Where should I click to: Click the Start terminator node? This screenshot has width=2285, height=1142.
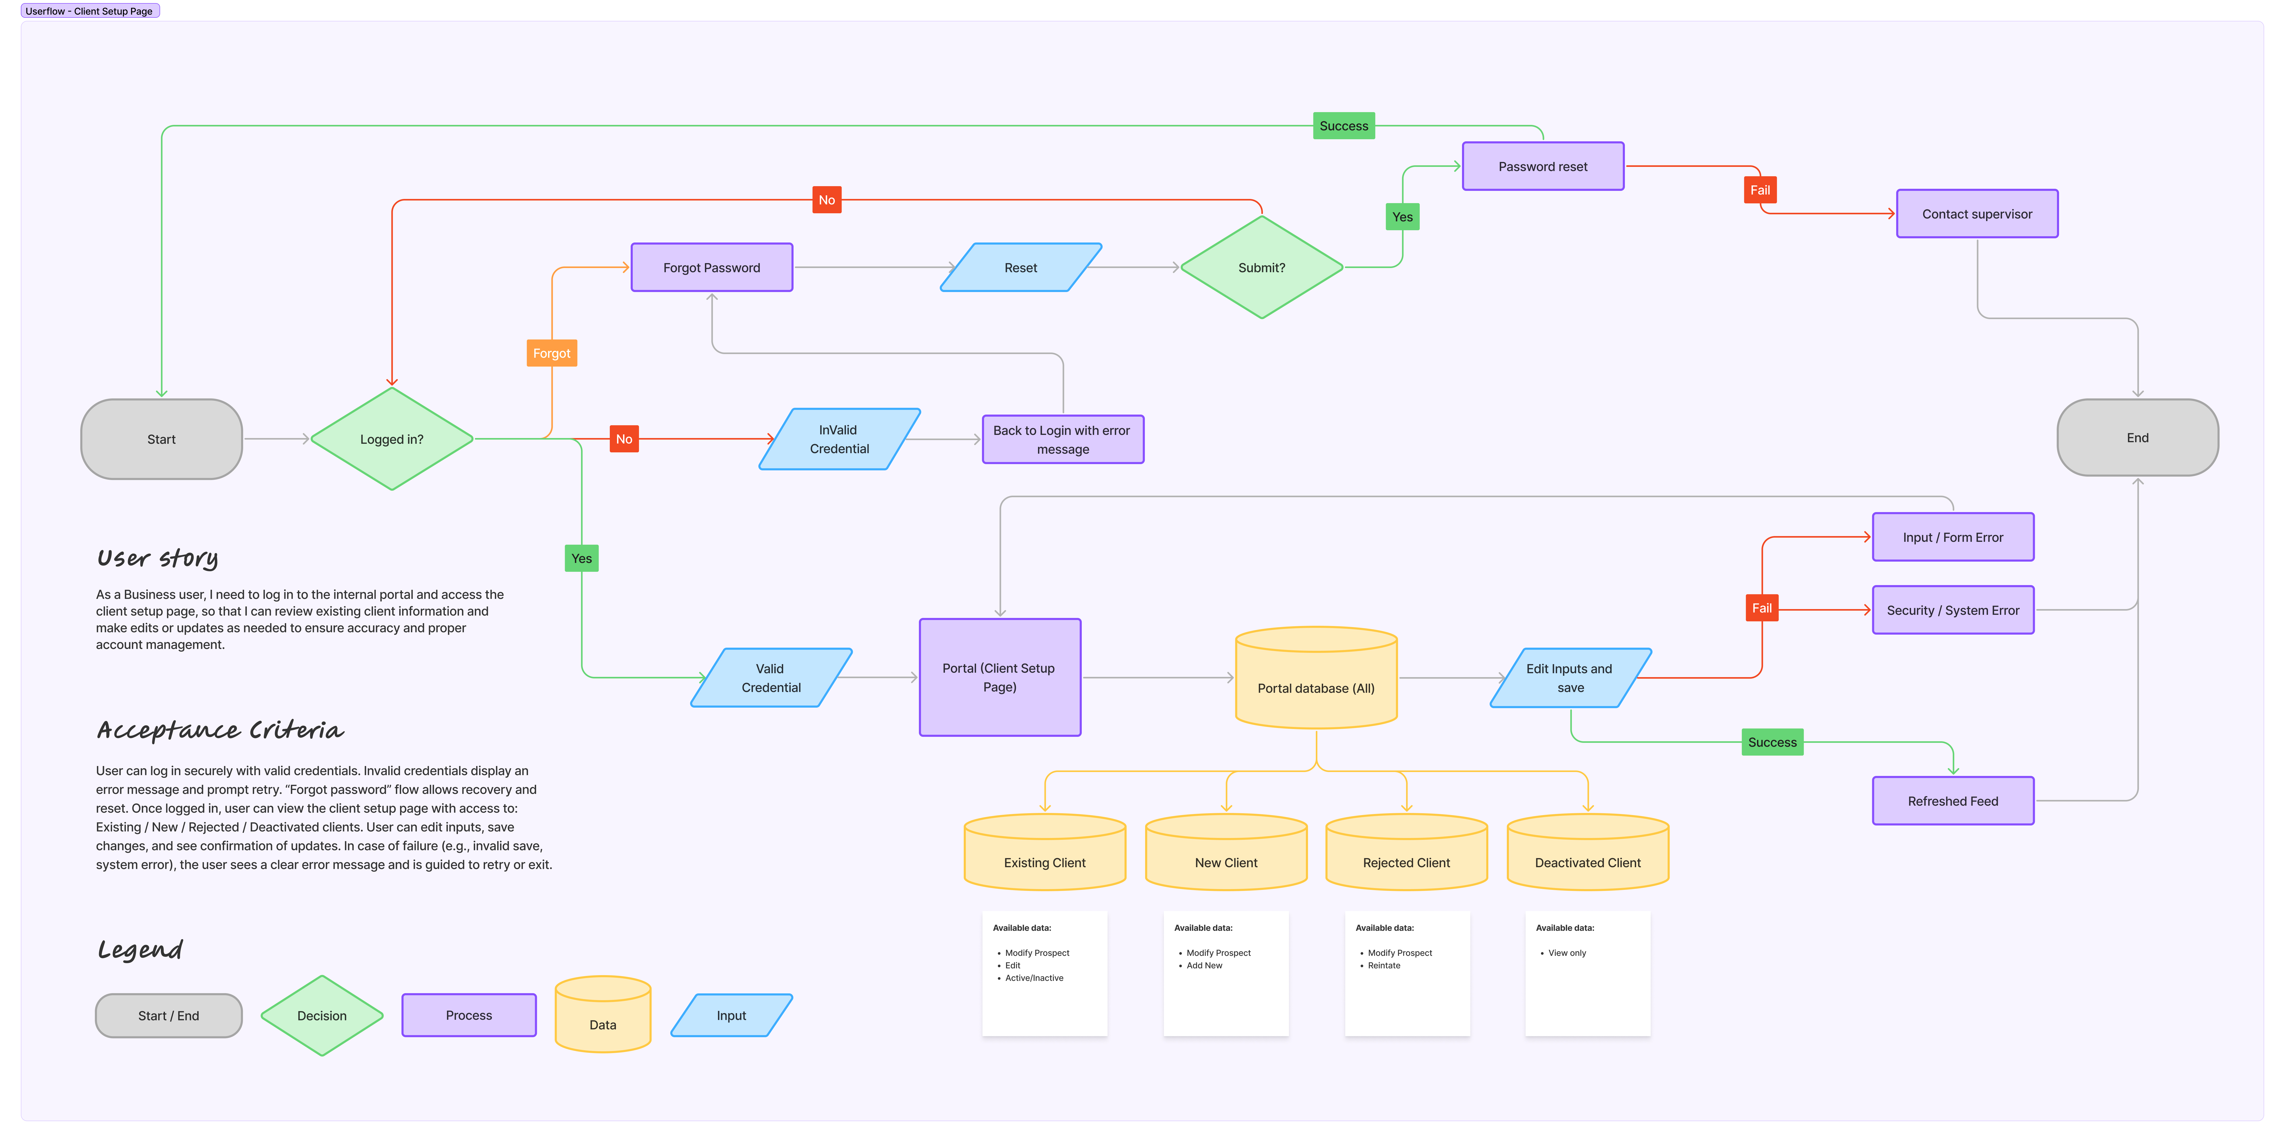161,439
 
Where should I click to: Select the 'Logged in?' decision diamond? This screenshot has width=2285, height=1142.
391,439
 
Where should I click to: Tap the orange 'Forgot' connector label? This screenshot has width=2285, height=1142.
552,353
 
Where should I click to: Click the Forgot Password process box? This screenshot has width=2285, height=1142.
711,267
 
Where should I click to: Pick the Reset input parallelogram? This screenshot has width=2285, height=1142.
1020,267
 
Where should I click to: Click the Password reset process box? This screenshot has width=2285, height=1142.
1543,166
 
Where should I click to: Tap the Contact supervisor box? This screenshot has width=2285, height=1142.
1976,214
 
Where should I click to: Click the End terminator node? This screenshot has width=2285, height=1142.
2137,438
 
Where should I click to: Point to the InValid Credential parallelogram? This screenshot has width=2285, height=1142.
839,439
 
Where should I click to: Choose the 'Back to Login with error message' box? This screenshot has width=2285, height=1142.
1062,439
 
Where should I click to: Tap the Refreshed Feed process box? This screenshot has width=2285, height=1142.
1952,800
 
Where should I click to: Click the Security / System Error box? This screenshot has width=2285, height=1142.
1952,610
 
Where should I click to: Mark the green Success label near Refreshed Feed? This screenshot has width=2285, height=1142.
1771,742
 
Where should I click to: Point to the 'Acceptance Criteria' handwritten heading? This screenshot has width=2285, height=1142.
220,730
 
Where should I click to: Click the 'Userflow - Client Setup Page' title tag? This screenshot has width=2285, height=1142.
90,11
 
